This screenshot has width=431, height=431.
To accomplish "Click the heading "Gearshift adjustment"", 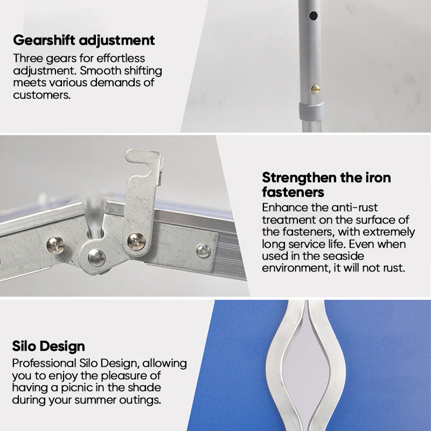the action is pos(84,41).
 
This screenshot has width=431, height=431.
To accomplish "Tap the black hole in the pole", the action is pos(313,16).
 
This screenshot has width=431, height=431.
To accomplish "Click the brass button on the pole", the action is pos(315,89).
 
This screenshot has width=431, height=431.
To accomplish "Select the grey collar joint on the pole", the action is pos(311,112).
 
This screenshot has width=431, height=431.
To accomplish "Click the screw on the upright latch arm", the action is pos(136,241).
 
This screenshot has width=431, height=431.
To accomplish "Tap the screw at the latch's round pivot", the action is pos(96,258).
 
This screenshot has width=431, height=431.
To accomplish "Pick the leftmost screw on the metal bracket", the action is pos(55,245).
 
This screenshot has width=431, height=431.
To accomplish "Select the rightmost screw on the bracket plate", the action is pos(204,251).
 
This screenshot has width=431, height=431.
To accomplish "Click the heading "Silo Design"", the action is pos(48,346).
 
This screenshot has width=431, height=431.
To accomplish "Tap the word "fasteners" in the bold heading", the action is pos(293,192).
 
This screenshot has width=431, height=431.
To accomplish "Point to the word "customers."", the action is pos(42,95).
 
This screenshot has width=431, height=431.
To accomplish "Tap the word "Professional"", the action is pos(44,363).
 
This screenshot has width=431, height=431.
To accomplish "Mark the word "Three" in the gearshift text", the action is pos(28,58).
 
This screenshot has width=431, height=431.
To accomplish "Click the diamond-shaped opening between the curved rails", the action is pos(306,369).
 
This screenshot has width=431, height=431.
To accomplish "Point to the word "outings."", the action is pos(140,400).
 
